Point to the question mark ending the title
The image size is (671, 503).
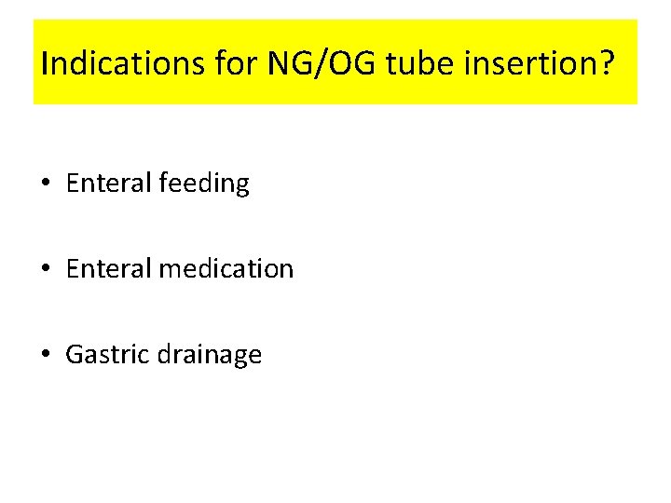(x=607, y=65)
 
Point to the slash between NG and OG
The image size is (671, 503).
(x=319, y=65)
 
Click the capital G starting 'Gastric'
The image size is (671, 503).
(x=75, y=355)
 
